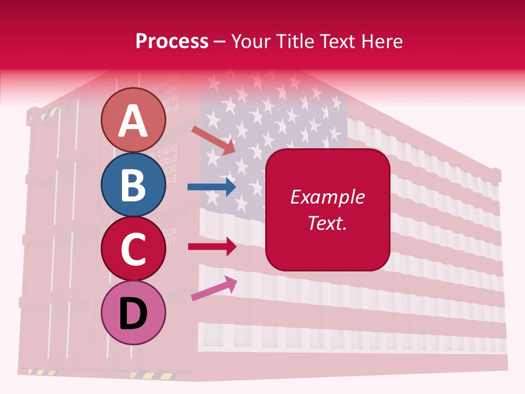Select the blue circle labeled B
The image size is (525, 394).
[133, 184]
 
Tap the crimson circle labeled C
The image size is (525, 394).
[133, 248]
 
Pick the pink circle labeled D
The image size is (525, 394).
[133, 312]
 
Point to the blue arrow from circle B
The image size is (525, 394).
[212, 187]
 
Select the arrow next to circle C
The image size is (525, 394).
[212, 246]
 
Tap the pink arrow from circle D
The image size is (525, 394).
[214, 288]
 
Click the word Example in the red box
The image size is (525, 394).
[327, 197]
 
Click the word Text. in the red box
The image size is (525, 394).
[327, 223]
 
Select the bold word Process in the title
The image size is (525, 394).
[172, 41]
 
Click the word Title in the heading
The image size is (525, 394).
[295, 41]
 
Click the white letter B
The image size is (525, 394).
[133, 185]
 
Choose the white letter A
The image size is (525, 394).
[133, 120]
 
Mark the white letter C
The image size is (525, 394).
[133, 249]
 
